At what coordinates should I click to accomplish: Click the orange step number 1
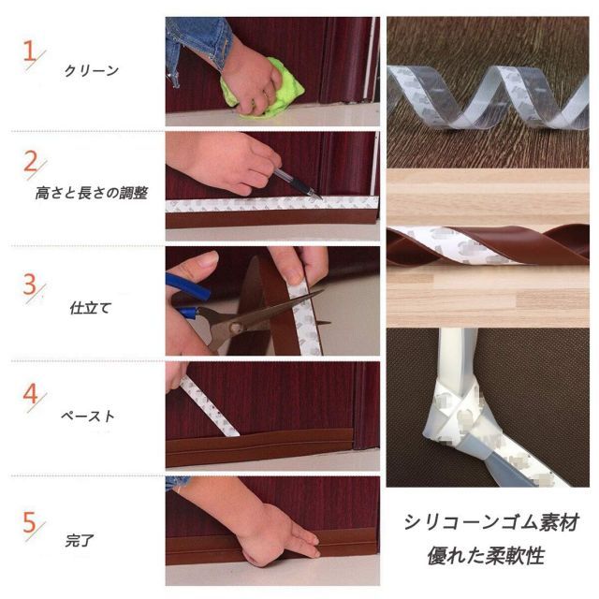coord(29,51)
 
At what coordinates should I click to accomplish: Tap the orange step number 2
coord(31,161)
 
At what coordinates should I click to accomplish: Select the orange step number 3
coord(29,284)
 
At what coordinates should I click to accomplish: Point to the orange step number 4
coord(31,393)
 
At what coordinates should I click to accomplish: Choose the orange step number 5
coord(29,522)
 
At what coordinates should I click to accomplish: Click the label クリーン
coord(92,71)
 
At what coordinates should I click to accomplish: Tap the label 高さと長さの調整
coord(92,193)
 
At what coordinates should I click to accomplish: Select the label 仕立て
coord(91,308)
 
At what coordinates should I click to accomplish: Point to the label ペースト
coord(88,416)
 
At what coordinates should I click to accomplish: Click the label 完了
coord(80,541)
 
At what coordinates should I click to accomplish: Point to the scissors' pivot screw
coord(234,326)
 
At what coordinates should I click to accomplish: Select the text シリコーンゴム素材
coord(491,522)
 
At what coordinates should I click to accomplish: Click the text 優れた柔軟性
coord(486,556)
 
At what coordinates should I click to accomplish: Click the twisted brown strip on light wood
coord(488,245)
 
